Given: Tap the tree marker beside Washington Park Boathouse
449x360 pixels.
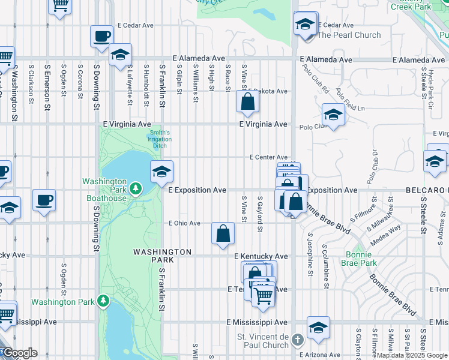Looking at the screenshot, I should (136, 190).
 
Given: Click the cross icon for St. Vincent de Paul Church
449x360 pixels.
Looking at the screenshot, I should (297, 341).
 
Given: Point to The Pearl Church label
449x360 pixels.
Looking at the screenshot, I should (349, 35).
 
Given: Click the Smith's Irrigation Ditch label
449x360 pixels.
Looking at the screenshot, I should (160, 139).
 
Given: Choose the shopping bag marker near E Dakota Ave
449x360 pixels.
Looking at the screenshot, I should (247, 103).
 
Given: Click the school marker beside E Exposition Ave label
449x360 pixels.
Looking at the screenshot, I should (161, 172).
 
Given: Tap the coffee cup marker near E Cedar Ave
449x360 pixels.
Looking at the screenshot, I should (102, 36).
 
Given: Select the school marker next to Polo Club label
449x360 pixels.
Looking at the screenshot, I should (333, 115).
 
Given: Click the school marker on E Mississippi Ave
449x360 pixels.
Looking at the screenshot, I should (318, 328).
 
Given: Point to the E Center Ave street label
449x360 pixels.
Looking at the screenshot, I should (269, 157).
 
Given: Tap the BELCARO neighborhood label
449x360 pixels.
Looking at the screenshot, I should (429, 190).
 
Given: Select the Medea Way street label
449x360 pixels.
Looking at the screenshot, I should (387, 233).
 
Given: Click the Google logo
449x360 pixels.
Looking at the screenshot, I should (20, 353).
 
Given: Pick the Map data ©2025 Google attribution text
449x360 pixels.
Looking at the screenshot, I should (412, 355).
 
